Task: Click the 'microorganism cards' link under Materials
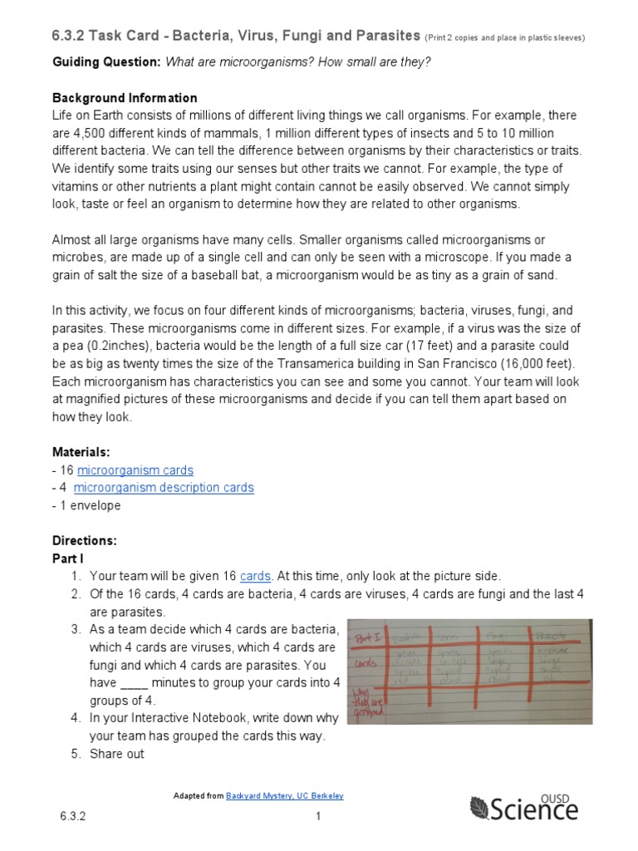135,470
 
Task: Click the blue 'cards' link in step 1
256,576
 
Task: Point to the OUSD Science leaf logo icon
480,808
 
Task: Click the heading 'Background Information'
125,98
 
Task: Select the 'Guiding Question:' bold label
107,62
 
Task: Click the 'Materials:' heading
81,452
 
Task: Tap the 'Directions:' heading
84,540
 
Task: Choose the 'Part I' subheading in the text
68,558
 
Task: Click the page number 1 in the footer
317,817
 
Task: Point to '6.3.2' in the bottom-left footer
72,817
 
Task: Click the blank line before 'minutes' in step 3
134,683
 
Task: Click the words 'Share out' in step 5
116,754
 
